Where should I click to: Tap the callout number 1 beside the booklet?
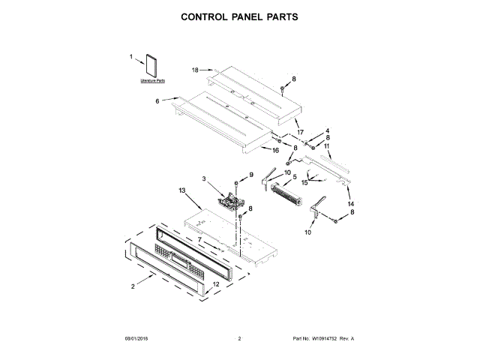[131, 57]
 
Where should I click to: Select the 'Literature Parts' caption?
[152, 79]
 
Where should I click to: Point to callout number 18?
[194, 70]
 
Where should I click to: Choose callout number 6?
[157, 101]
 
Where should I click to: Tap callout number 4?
[327, 130]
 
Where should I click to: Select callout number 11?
[327, 145]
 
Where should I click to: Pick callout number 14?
[350, 204]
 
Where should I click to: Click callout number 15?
[304, 182]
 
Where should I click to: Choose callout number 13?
[181, 191]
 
